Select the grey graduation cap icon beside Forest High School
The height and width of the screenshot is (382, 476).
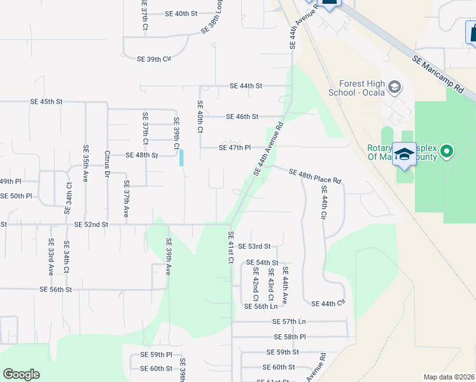(x=394, y=87)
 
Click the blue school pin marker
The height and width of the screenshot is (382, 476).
(x=404, y=155)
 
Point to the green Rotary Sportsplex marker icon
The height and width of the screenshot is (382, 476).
(x=447, y=152)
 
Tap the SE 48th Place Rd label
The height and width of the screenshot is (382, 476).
(x=315, y=176)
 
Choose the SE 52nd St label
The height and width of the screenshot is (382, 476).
(x=91, y=225)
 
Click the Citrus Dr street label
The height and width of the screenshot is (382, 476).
(x=108, y=164)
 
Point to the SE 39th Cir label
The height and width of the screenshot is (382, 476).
(x=155, y=59)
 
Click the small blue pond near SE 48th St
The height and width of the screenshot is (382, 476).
(x=182, y=157)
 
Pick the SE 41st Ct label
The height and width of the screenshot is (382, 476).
(x=232, y=248)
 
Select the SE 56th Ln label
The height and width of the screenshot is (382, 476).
(x=262, y=306)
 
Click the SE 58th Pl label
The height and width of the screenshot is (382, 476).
(x=290, y=337)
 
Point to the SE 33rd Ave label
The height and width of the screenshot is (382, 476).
(x=51, y=257)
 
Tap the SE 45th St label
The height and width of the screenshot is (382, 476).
(x=46, y=101)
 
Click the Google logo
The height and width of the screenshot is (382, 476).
(x=21, y=374)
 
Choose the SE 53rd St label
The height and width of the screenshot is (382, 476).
(x=255, y=246)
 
